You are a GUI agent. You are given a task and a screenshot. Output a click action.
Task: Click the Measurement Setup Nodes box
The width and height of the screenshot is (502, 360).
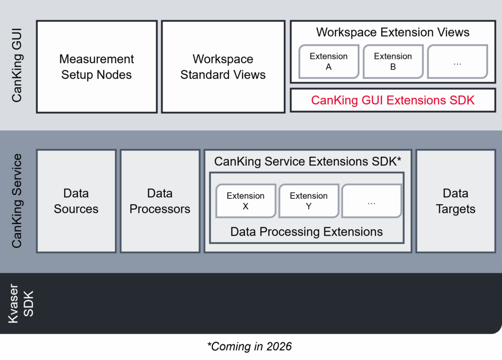coord(97,67)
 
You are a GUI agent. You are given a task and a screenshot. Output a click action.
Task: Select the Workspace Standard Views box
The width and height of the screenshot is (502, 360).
coord(223,67)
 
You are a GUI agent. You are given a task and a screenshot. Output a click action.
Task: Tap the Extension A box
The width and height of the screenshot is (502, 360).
coord(328,62)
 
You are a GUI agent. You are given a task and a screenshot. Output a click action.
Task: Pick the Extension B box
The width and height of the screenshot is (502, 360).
coord(393,62)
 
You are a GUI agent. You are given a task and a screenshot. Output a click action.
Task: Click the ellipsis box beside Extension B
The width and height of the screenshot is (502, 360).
coord(457,62)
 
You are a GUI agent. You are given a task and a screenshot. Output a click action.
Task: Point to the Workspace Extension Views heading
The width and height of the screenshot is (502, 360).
coord(393,33)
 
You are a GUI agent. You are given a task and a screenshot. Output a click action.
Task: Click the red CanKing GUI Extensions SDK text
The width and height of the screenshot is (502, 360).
coord(393,100)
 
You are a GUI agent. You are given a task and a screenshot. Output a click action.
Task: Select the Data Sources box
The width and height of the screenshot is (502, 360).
coord(76,201)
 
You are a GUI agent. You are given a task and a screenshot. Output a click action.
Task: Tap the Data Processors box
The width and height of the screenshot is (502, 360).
coord(160,201)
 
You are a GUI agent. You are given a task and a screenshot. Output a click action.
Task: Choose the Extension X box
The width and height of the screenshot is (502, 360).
coord(246,201)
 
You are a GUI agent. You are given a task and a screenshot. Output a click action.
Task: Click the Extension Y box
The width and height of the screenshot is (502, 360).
coord(308,201)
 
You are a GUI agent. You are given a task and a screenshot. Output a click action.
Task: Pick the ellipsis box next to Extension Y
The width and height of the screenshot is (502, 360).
coord(371,201)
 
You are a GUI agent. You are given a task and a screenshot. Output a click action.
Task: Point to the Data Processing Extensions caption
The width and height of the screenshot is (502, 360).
coord(306,232)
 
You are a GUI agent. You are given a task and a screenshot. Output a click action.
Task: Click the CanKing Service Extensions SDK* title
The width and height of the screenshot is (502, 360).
coord(307,162)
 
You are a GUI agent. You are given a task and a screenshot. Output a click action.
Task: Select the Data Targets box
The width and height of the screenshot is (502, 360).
coord(455,201)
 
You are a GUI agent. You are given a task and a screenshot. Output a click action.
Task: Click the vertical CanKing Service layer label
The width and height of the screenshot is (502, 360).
coord(17,201)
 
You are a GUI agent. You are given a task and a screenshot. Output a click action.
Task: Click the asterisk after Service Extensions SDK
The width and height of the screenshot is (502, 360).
coord(400,160)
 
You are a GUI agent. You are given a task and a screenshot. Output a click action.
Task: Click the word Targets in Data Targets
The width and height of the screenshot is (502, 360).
coord(455,209)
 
